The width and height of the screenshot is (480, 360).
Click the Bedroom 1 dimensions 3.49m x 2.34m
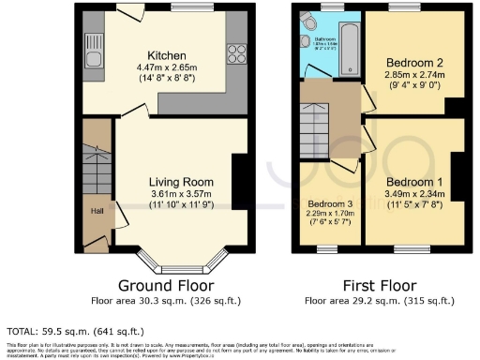411,193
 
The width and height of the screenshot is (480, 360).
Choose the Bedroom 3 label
330,203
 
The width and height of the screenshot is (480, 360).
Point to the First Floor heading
378,285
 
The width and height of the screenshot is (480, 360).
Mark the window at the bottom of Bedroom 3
328,248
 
